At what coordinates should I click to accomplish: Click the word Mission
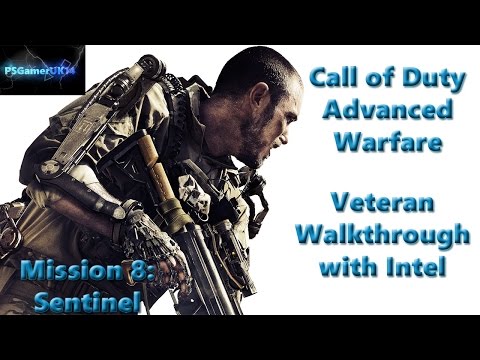(x=50, y=268)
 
